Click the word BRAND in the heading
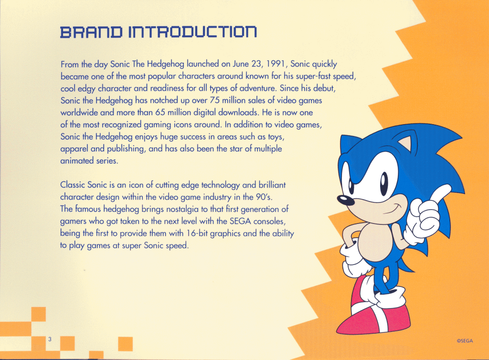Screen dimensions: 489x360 click(91, 32)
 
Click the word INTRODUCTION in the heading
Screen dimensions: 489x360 click(193, 32)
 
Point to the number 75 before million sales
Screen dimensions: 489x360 click(215, 100)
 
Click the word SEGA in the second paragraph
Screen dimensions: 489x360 click(240, 221)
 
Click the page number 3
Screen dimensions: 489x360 click(50, 339)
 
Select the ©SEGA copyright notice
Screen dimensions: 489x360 click(465, 341)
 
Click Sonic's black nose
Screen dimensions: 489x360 click(346, 201)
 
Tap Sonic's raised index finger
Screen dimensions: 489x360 click(441, 191)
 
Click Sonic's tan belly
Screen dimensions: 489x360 click(374, 242)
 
